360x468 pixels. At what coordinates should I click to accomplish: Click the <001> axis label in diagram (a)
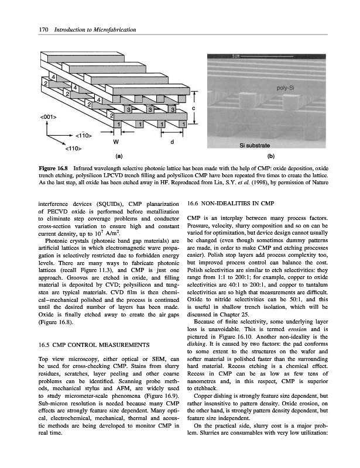48,117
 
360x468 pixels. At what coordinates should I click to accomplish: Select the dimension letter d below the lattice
172,141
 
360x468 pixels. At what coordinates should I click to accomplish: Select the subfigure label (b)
270,156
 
